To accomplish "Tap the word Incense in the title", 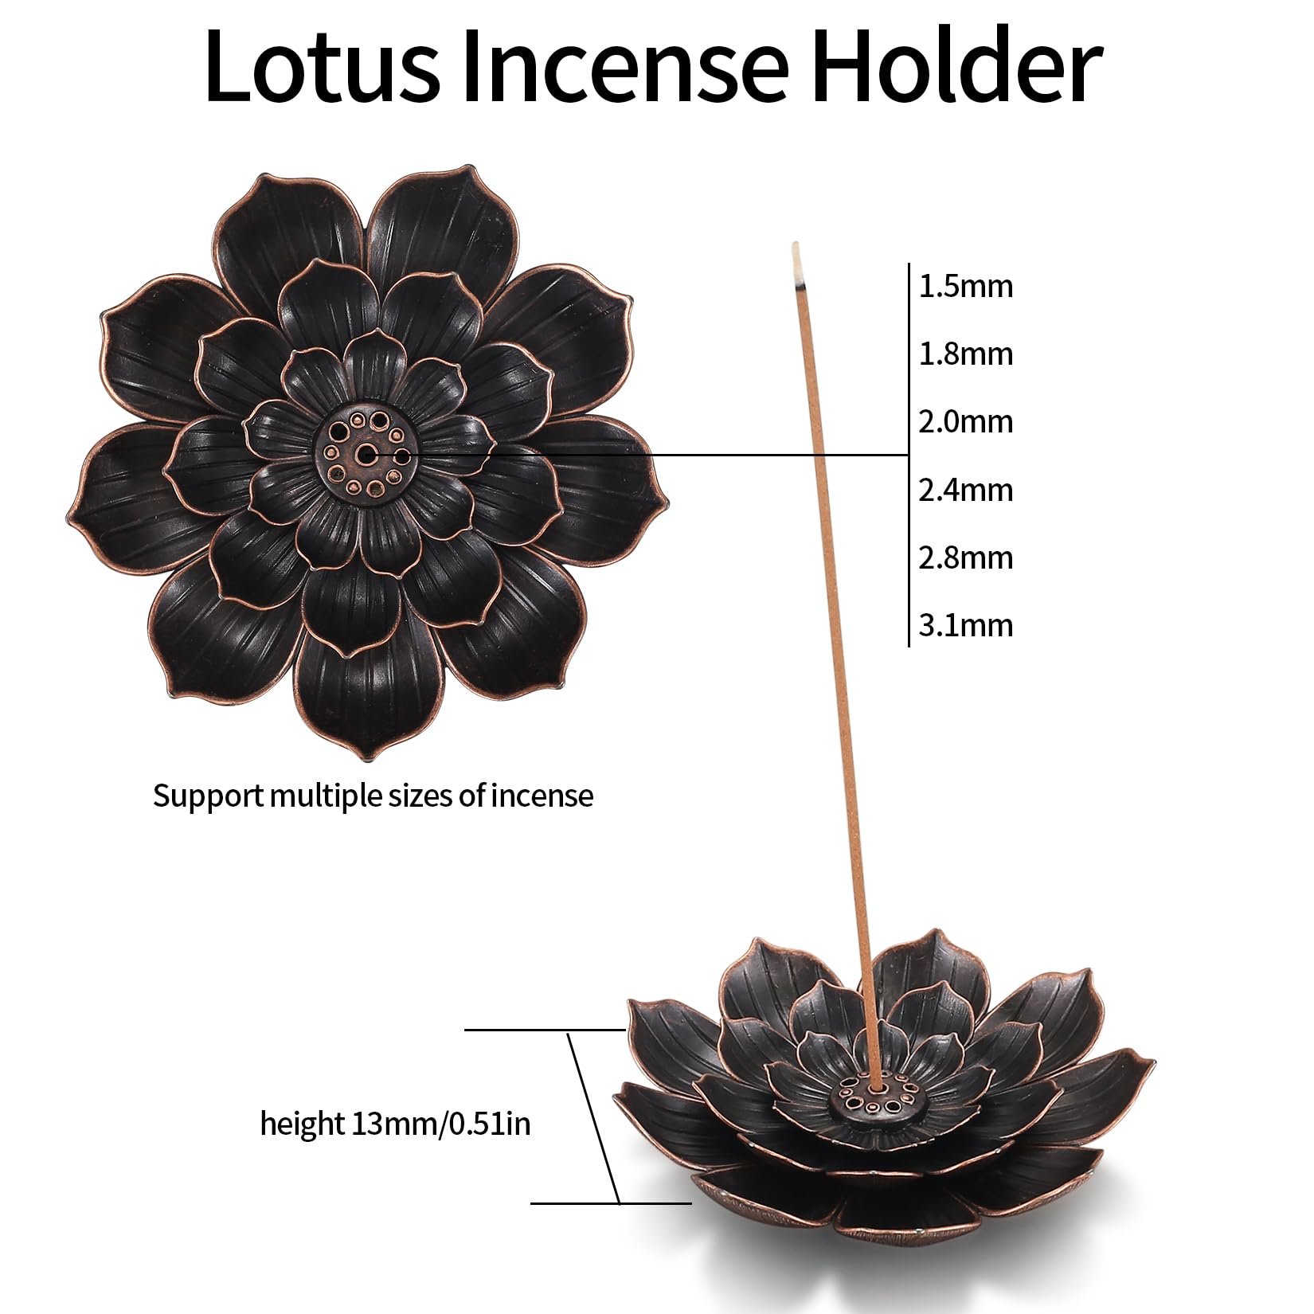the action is point(626,67).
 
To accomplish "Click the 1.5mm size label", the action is point(966,287).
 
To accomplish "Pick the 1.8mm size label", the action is point(966,354).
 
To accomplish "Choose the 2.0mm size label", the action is point(966,422).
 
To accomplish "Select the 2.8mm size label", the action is point(966,558).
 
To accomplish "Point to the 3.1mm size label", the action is point(966,626).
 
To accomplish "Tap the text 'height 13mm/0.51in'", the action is point(395,1124).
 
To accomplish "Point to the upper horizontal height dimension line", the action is point(545,1030).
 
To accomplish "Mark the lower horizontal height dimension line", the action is point(611,1225).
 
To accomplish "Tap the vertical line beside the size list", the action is point(909,455).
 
